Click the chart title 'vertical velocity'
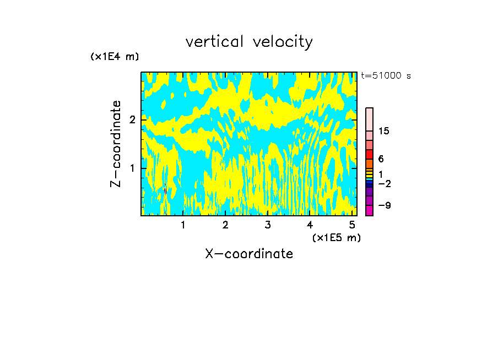(249, 42)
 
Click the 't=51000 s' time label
(386, 76)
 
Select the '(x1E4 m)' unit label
(115, 57)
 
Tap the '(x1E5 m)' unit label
(336, 237)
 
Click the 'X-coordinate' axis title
(249, 254)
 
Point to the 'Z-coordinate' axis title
(116, 144)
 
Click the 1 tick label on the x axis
(183, 225)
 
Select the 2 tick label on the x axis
(225, 225)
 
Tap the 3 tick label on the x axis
(268, 225)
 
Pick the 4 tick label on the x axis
(310, 225)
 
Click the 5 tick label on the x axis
(352, 225)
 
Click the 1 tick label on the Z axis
(132, 168)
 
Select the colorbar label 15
(384, 131)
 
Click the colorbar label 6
(381, 159)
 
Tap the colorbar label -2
(384, 184)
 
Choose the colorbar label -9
(384, 205)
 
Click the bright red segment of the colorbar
(369, 154)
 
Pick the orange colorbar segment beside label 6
(369, 163)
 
